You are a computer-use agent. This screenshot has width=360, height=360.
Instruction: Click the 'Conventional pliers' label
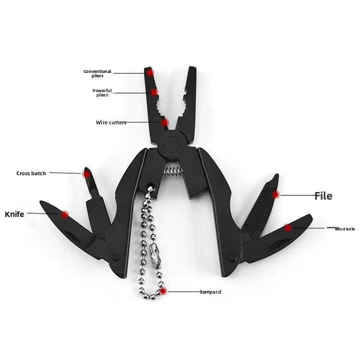[x=97, y=73]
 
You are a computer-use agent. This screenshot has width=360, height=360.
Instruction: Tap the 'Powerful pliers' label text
[x=102, y=93]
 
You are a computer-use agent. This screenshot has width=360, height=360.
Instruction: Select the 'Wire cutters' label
[x=111, y=122]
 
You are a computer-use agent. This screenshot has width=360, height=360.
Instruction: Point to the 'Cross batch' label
[x=31, y=173]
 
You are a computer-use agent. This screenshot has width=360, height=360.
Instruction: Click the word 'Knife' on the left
[x=14, y=214]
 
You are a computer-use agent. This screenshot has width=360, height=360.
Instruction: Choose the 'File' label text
[x=323, y=196]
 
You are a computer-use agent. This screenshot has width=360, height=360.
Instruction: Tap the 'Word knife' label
[x=345, y=229]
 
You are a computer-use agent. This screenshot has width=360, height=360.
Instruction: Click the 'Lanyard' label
[x=211, y=292]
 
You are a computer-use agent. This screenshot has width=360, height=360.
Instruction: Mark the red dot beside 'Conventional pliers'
[x=150, y=73]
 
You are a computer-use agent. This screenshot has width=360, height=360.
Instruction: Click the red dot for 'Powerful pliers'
[x=154, y=92]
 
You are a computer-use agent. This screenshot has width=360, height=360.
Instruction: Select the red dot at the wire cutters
[x=164, y=122]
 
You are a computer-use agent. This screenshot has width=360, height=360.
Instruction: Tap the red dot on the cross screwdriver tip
[x=86, y=175]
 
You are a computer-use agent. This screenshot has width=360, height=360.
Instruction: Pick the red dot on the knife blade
[x=64, y=215]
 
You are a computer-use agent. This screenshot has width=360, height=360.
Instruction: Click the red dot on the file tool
[x=276, y=195]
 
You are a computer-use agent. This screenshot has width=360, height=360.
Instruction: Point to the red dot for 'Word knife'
[x=288, y=228]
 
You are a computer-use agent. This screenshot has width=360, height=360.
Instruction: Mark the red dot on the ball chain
[x=163, y=291]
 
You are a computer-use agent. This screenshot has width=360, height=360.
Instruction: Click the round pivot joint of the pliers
[x=172, y=144]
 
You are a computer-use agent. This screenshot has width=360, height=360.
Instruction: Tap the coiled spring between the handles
[x=173, y=171]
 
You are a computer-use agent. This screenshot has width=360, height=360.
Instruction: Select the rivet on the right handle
[x=232, y=257]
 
